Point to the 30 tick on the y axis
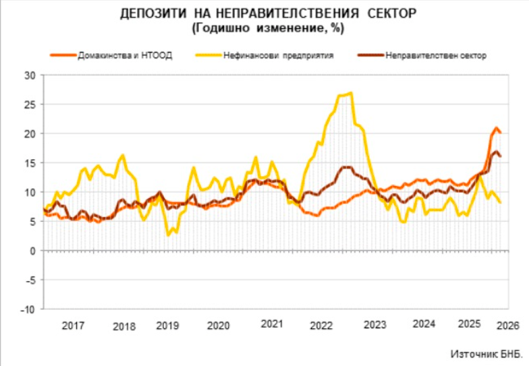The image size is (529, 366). (30, 75)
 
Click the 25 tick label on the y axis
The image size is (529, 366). (30, 104)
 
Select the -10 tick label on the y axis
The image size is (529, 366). (28, 309)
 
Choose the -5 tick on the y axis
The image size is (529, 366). (30, 280)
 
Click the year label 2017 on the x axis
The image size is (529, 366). (74, 326)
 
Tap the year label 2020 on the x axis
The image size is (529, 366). (218, 326)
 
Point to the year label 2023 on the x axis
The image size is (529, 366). (374, 326)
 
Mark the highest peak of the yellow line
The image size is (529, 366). (351, 93)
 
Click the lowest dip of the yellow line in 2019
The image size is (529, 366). (169, 235)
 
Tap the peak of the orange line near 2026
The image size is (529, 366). (496, 127)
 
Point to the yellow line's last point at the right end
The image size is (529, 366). (500, 202)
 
